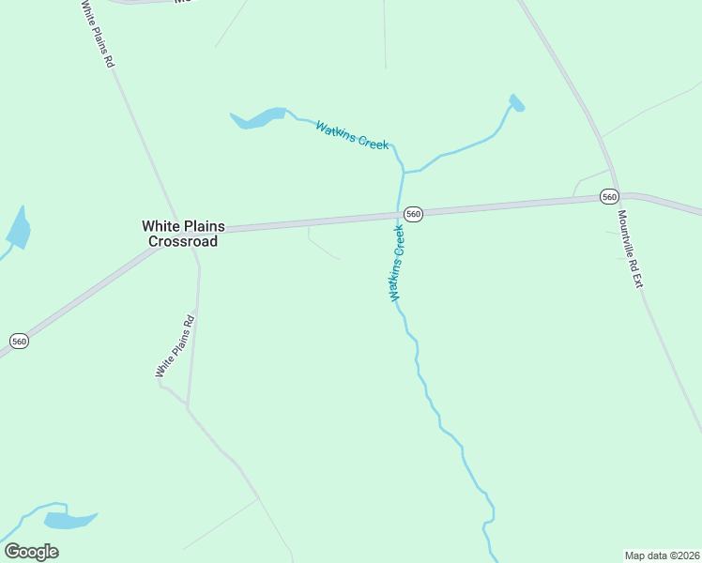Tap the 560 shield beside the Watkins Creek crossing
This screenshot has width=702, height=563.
pos(413,214)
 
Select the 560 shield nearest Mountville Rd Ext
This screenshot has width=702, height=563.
pos(610,197)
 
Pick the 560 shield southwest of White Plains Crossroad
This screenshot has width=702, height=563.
pos(19,341)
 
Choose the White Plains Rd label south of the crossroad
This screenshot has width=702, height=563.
pos(175,346)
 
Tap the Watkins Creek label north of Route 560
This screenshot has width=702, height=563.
pos(352,135)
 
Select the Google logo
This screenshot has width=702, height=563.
pos(31,552)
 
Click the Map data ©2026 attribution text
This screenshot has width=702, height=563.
pos(662,555)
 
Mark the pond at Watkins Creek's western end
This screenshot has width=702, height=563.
pos(258,119)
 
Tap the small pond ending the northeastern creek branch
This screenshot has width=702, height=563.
pos(516,102)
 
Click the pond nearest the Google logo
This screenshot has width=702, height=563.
pos(69,520)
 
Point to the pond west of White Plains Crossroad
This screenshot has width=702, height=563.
pos(18,230)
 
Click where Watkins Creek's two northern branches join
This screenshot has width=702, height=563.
pos(404,173)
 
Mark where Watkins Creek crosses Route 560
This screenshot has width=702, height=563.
pos(399,215)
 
